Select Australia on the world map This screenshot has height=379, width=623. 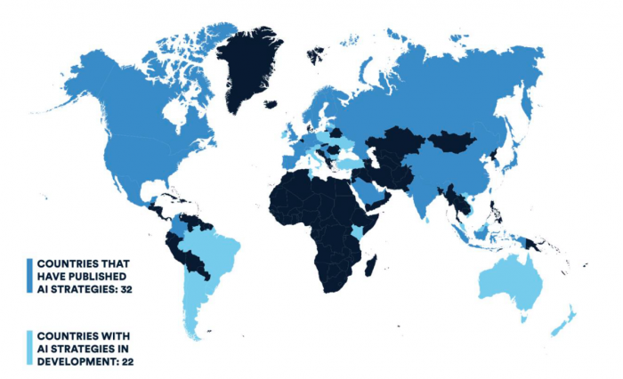point(512,286)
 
